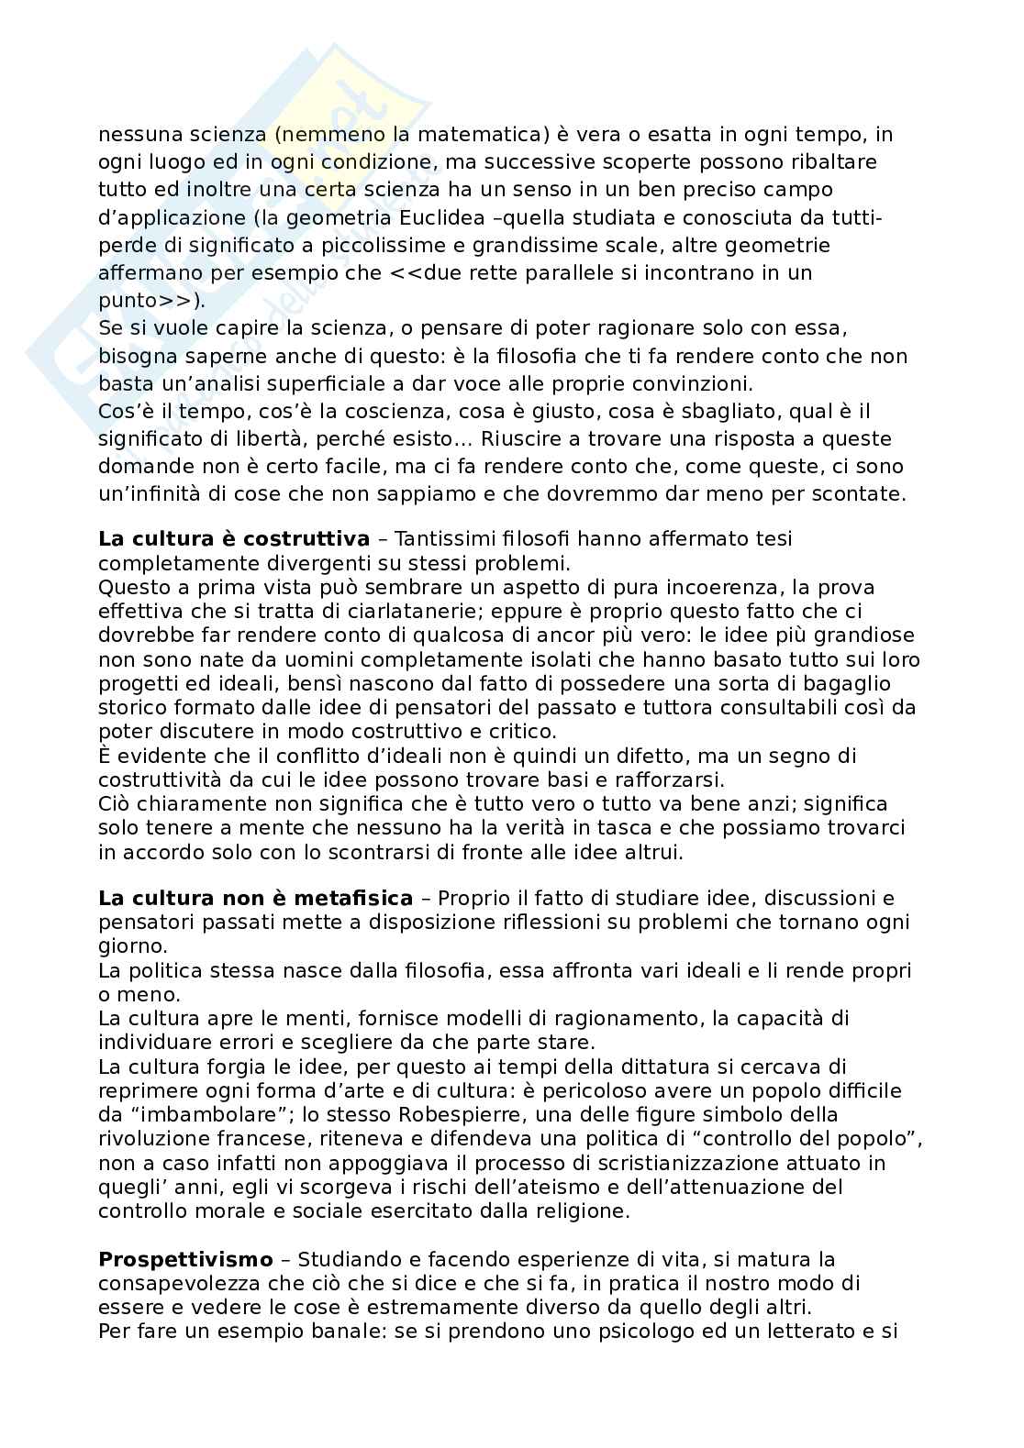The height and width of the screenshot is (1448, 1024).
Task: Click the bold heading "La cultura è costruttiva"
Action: point(234,538)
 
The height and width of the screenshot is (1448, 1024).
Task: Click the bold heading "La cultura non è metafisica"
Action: point(256,898)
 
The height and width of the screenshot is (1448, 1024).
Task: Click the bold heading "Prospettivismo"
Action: point(186,1259)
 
